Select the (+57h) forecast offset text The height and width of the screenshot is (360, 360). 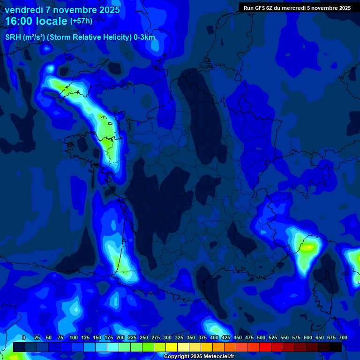pos(81,21)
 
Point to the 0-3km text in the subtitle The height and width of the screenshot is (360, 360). pos(144,37)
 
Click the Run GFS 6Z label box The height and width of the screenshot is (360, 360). pos(297,8)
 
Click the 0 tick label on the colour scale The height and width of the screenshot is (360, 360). pos(24,337)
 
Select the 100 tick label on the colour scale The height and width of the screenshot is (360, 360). pos(74,337)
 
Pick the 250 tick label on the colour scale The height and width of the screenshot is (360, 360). pos(144,337)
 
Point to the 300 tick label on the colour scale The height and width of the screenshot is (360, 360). pos(167,337)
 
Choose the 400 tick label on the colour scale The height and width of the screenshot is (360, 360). pos(214,337)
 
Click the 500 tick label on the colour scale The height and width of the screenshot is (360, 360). pos(261,337)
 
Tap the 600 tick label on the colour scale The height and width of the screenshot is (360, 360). pos(308,337)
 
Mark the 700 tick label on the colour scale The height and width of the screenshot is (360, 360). pos(343,337)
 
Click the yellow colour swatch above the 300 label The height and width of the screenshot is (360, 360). pos(171,347)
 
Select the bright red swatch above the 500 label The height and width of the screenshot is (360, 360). pos(265,347)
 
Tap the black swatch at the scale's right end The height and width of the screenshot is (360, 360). pos(335,347)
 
